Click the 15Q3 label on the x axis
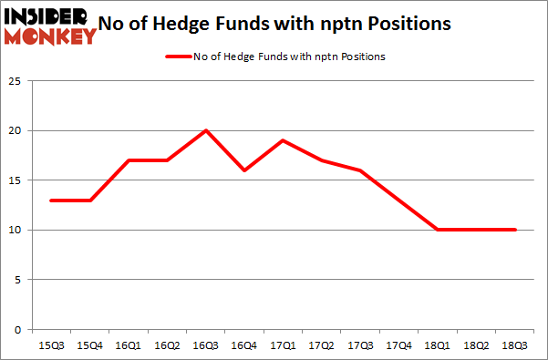[x=52, y=345]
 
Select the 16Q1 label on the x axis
[x=129, y=345]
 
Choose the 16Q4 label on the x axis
[x=244, y=345]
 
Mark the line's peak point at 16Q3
[x=206, y=130]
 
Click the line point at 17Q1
[x=284, y=140]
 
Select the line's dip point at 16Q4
[x=244, y=170]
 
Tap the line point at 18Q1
[x=438, y=230]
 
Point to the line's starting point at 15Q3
[x=52, y=200]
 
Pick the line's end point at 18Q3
[x=514, y=230]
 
